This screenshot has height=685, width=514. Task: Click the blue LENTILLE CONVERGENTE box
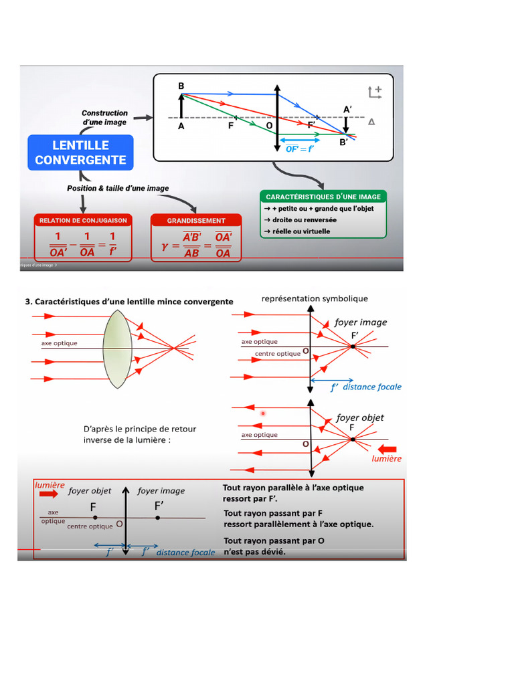click(x=80, y=153)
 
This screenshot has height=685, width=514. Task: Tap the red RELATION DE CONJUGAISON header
click(x=83, y=220)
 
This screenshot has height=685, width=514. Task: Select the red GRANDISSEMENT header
click(x=196, y=220)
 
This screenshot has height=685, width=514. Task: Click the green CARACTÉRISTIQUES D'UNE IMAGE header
click(x=323, y=197)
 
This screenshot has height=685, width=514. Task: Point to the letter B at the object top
click(x=181, y=86)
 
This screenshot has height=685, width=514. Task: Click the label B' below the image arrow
click(x=343, y=142)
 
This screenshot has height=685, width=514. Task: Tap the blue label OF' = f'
click(x=300, y=149)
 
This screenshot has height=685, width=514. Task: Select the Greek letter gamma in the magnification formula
click(x=165, y=246)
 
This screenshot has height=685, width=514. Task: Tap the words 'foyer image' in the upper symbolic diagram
click(x=361, y=322)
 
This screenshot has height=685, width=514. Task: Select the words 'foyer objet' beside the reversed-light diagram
click(x=360, y=417)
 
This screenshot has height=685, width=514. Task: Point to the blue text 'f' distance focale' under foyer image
click(x=366, y=387)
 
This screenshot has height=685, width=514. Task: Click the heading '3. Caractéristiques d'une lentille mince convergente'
click(x=129, y=302)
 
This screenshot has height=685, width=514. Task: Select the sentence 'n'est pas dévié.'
click(x=254, y=552)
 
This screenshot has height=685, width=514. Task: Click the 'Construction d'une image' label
click(x=104, y=118)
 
